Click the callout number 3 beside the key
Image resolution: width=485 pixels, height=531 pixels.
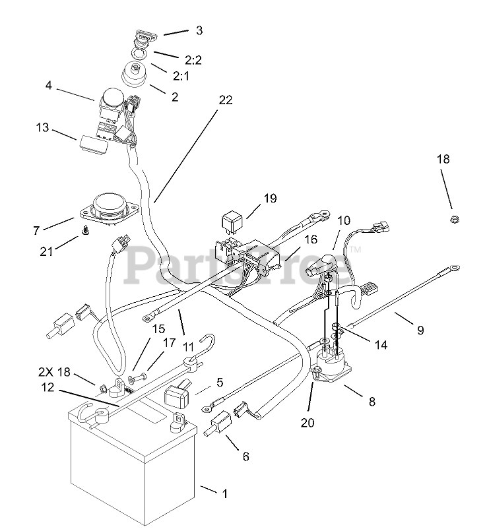199,30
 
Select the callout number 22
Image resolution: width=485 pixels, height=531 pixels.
226,100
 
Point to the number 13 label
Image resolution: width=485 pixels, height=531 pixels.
42,127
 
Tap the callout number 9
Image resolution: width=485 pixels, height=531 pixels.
420,330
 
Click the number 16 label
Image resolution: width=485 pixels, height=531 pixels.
311,239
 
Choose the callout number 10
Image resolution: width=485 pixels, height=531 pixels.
344,221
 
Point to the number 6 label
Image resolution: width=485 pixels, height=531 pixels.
245,456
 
